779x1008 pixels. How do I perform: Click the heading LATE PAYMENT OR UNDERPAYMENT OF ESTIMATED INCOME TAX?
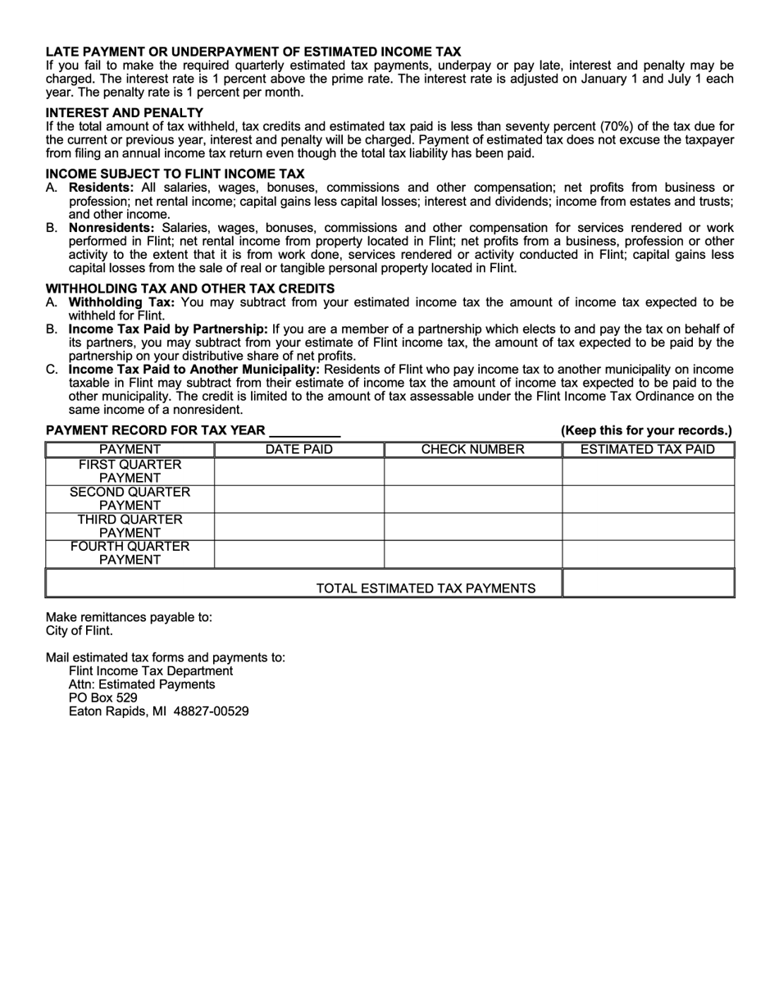253,51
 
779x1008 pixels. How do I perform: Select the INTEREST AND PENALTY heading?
124,112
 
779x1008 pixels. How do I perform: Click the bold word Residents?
102,188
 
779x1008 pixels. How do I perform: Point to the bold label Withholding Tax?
121,302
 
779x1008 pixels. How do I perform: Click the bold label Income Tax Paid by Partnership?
168,329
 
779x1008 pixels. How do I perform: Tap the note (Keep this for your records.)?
646,431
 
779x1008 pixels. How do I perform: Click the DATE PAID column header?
298,449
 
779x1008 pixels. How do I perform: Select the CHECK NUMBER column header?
472,449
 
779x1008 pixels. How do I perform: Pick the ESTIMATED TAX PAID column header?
647,449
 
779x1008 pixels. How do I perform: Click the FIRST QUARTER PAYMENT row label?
130,471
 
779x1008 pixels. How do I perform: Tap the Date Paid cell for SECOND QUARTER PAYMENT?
298,499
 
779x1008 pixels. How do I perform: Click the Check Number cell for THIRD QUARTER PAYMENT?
472,526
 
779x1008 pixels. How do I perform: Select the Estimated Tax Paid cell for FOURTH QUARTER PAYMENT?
647,553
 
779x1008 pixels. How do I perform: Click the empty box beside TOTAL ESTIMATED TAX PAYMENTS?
647,583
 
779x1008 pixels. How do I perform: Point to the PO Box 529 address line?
103,698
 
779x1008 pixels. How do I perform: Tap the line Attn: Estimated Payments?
142,684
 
